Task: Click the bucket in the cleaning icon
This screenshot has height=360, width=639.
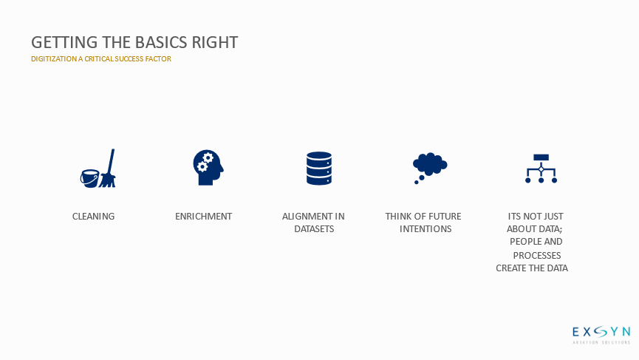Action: pyautogui.click(x=89, y=179)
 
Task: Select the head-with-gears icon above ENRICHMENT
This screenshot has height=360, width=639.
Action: pyautogui.click(x=208, y=168)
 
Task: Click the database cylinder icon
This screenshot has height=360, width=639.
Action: pyautogui.click(x=319, y=169)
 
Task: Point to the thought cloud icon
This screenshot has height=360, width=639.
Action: pyautogui.click(x=429, y=168)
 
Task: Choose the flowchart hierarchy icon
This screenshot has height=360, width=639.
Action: pyautogui.click(x=541, y=169)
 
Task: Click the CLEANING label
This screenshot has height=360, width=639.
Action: pyautogui.click(x=93, y=217)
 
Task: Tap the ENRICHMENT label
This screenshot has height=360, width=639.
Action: pyautogui.click(x=203, y=217)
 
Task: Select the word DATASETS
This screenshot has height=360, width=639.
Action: pyautogui.click(x=314, y=229)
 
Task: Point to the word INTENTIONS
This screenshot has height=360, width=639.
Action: pyautogui.click(x=426, y=229)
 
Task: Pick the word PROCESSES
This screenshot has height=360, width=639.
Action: pyautogui.click(x=537, y=256)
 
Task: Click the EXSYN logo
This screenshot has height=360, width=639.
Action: pyautogui.click(x=601, y=335)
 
